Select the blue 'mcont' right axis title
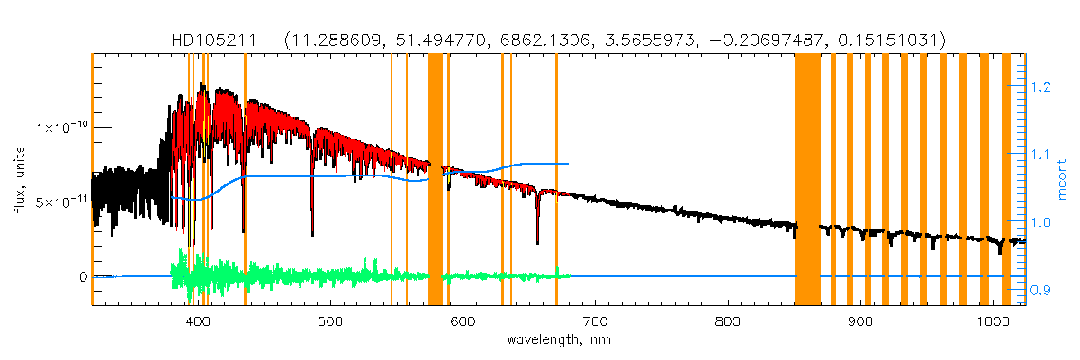click(x=1062, y=180)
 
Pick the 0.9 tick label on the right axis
click(x=1042, y=290)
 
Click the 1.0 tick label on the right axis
click(x=1042, y=222)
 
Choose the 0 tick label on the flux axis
click(x=83, y=277)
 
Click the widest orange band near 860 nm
click(x=807, y=180)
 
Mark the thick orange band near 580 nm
click(x=435, y=180)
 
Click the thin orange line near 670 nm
click(x=556, y=180)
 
